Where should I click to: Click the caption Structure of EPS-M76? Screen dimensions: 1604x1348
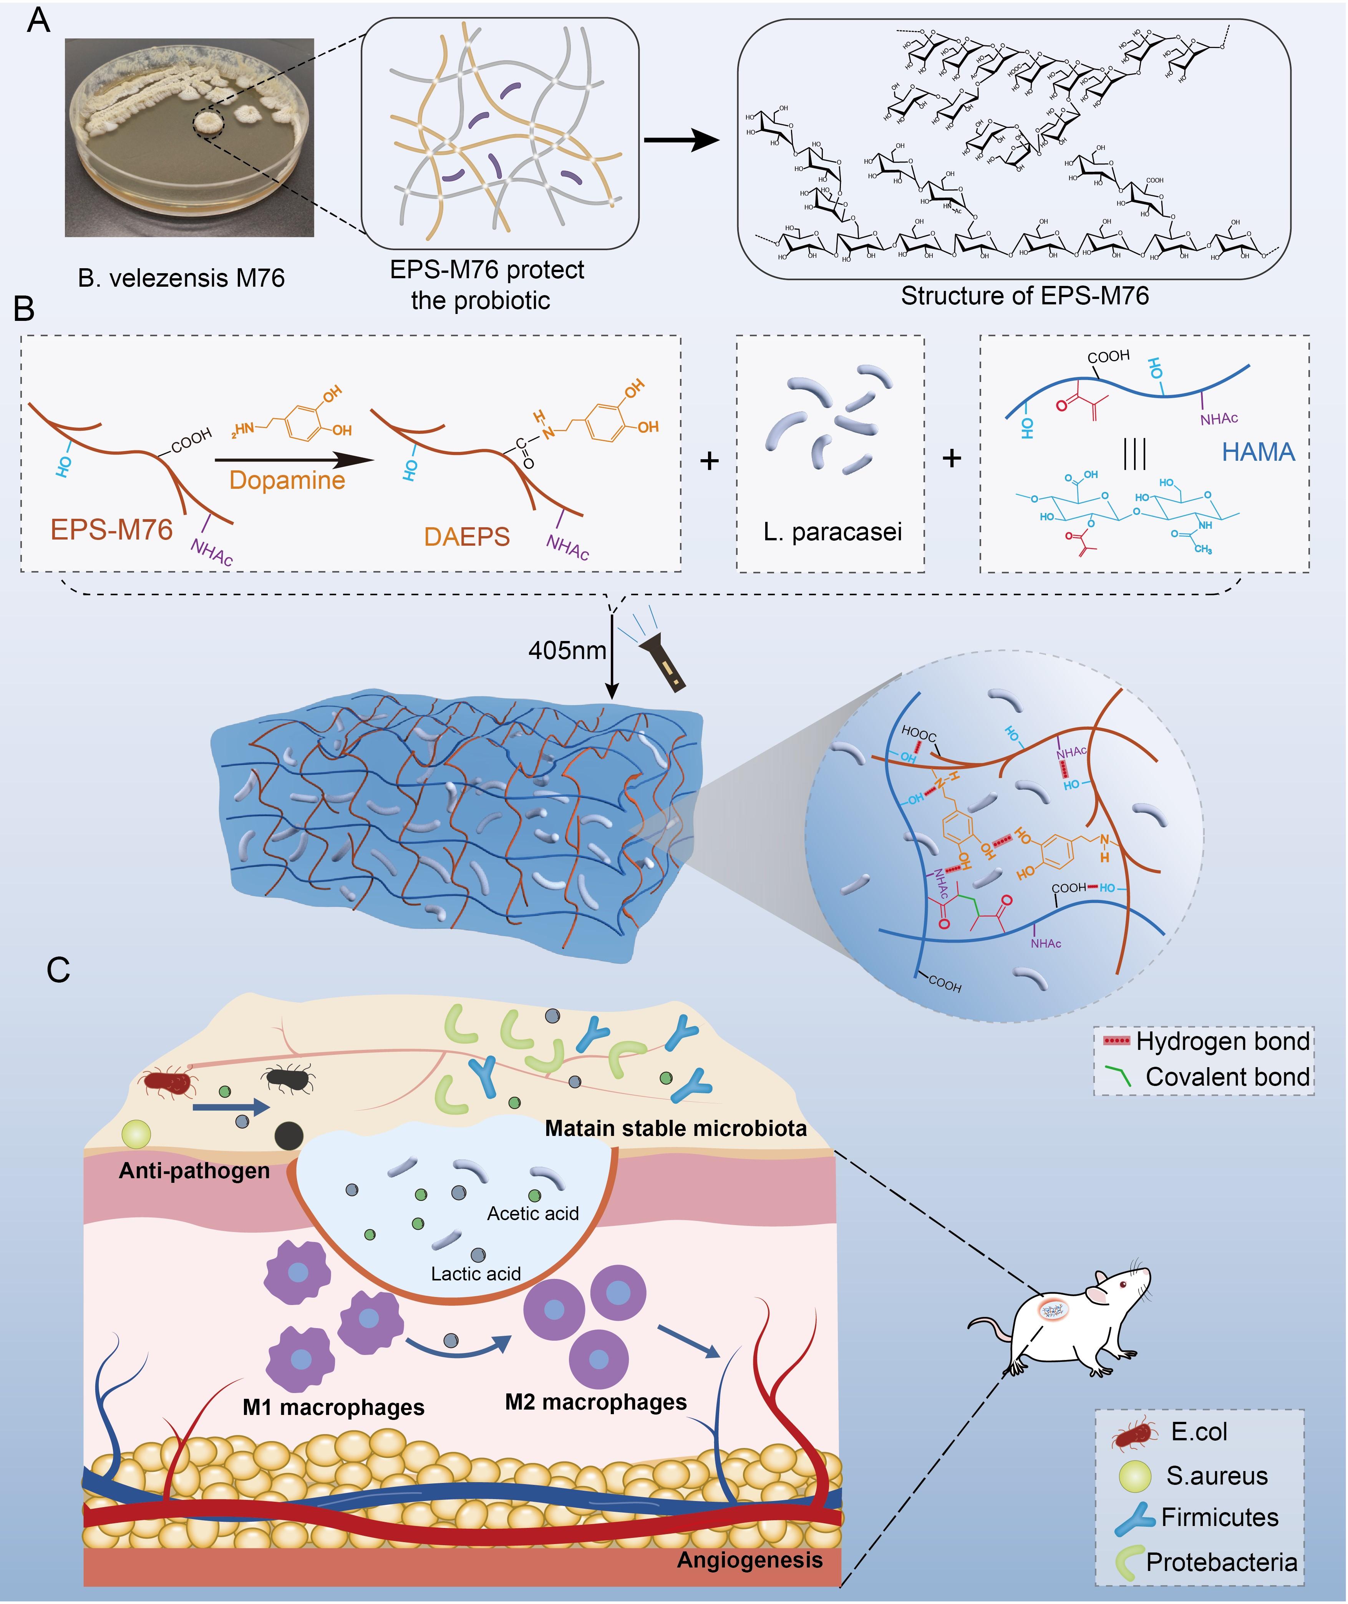(x=1024, y=296)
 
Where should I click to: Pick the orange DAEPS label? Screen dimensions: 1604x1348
(x=467, y=537)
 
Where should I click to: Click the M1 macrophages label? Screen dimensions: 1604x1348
(x=333, y=1408)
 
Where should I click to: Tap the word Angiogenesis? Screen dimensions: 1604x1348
(x=749, y=1560)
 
